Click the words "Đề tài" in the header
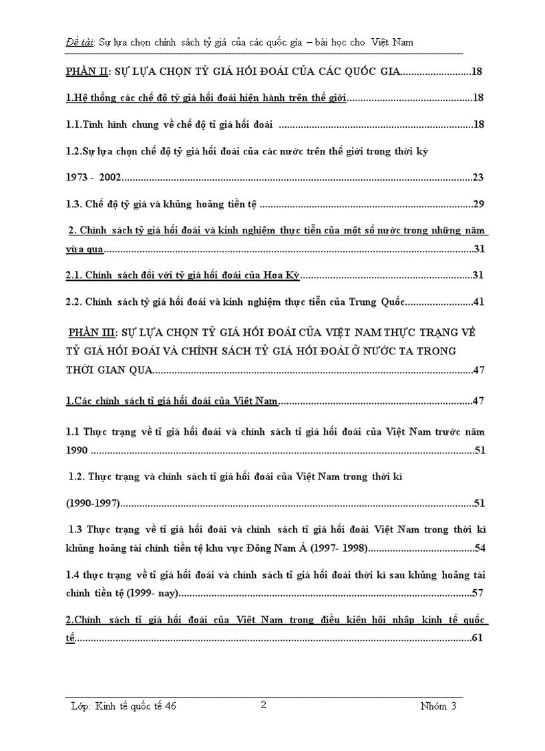pyautogui.click(x=80, y=42)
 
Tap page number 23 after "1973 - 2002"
pyautogui.click(x=478, y=177)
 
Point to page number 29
pyautogui.click(x=478, y=204)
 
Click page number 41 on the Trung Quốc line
pyautogui.click(x=478, y=302)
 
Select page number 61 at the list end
pyautogui.click(x=477, y=637)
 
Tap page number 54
pyautogui.click(x=479, y=548)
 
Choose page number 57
pyautogui.click(x=477, y=593)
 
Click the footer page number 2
pyautogui.click(x=263, y=704)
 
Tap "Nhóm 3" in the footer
pyautogui.click(x=439, y=706)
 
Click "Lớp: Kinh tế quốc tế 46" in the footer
pyautogui.click(x=124, y=706)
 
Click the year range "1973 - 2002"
pyautogui.click(x=94, y=177)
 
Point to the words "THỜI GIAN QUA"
pyautogui.click(x=109, y=370)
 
